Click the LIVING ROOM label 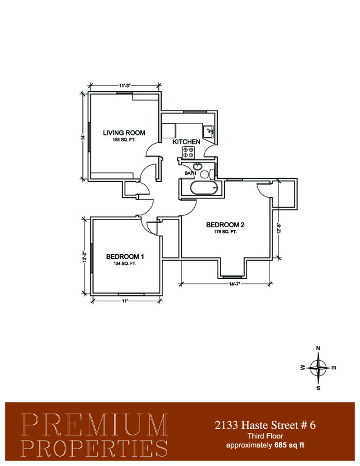pos(124,133)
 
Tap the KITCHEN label pos(186,142)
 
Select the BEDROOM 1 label pos(125,256)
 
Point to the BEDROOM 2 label pos(225,225)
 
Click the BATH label pos(191,173)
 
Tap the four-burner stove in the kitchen pos(188,153)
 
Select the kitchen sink pos(209,132)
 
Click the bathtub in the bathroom pos(204,188)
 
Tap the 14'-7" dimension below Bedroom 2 pos(235,284)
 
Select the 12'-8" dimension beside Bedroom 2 pos(279,229)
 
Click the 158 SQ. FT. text pos(124,140)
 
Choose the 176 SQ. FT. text pos(225,232)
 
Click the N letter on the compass pos(318,348)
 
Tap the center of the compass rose pos(318,368)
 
